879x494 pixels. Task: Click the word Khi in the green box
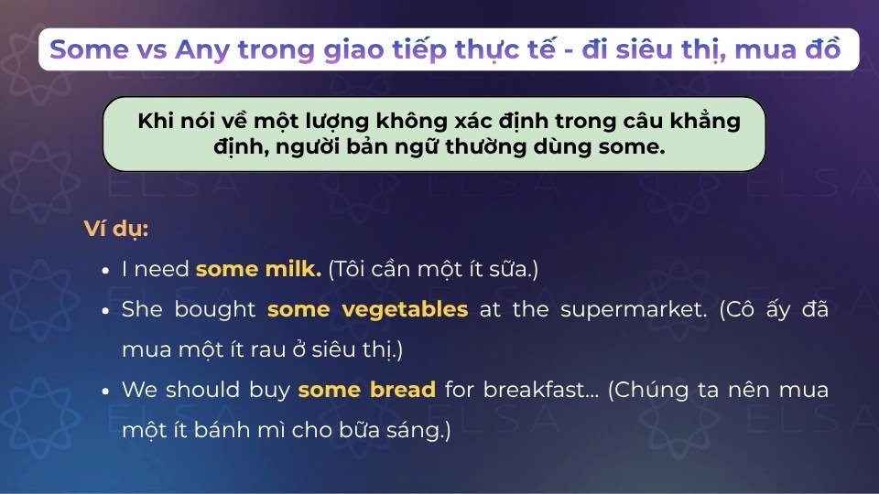pos(156,121)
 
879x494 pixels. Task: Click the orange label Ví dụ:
pos(116,229)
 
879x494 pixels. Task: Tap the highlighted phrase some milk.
pos(258,269)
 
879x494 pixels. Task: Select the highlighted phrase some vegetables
pos(367,309)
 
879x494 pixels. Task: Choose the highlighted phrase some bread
pos(366,390)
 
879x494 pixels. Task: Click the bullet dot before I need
pos(106,271)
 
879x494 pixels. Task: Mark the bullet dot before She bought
pos(106,311)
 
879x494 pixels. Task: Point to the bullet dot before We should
pos(106,392)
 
